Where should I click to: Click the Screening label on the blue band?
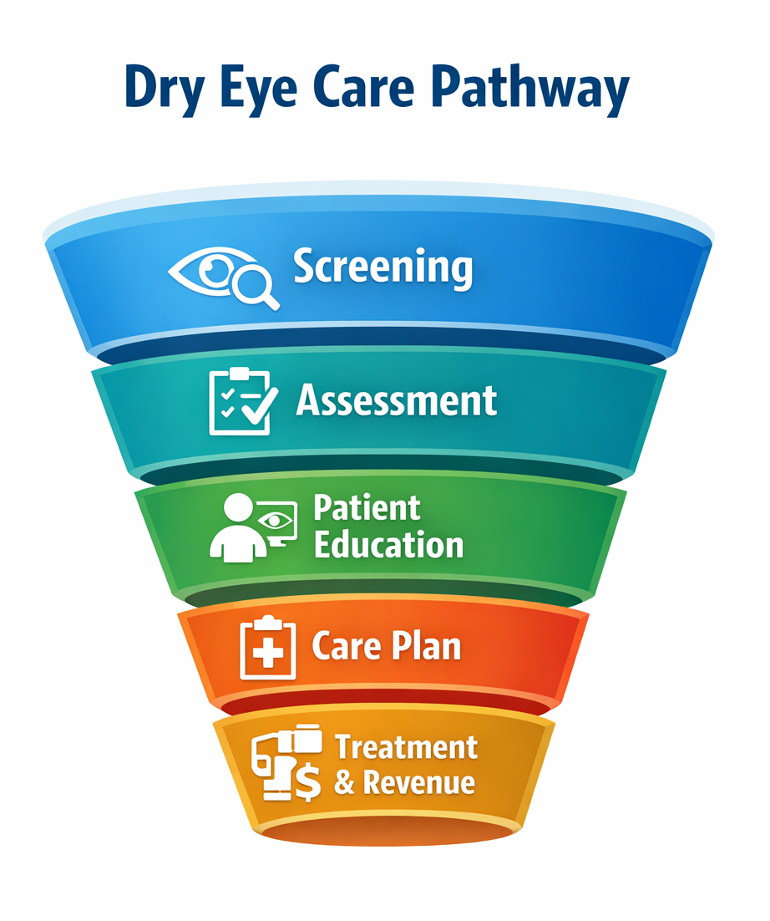pos(382,267)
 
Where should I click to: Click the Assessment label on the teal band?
pos(397,401)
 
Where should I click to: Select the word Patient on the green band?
pos(367,508)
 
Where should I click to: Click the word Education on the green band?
pos(388,546)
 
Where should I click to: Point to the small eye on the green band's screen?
pos(276,521)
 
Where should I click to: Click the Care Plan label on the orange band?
pos(386,647)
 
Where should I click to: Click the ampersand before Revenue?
pos(344,783)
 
